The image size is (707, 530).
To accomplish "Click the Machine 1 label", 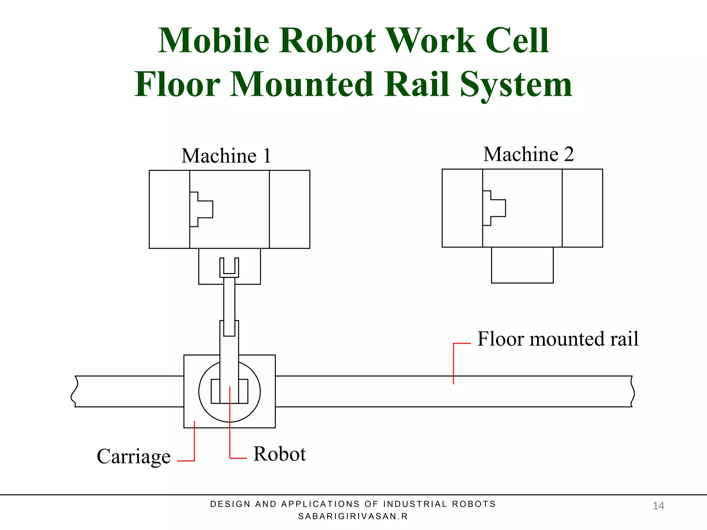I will (226, 156).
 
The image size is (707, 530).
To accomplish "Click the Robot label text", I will (279, 454).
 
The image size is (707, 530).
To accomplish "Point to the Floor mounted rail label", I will (558, 339).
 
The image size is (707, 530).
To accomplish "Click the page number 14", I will (658, 506).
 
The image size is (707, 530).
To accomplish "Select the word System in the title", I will (516, 85).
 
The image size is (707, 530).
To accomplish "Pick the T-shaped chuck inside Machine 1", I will (202, 209).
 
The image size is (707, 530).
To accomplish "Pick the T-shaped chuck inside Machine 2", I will (494, 208).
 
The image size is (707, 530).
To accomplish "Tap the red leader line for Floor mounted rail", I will (454, 362).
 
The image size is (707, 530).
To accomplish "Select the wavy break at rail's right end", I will (632, 392).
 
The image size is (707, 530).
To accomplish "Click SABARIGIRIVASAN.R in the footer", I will (353, 516).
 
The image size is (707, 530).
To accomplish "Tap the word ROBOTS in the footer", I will (474, 504).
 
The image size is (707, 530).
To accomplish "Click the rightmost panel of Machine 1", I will (289, 209).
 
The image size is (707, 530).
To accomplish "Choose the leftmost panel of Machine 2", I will (462, 208).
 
